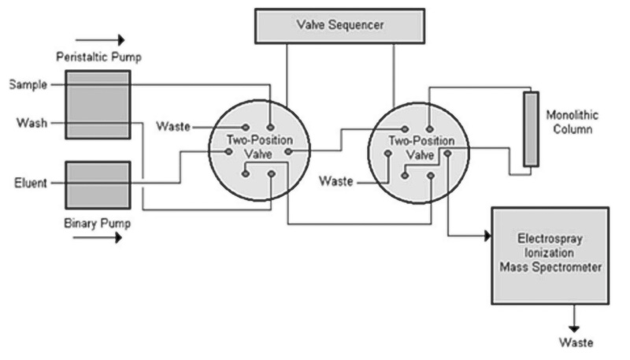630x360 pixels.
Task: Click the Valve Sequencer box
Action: (340, 26)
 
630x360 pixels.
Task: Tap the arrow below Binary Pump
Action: (98, 237)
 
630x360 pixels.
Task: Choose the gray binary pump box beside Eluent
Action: (98, 184)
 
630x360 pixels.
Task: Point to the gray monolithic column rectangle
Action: (531, 128)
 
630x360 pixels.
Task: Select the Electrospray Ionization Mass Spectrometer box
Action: (550, 254)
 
